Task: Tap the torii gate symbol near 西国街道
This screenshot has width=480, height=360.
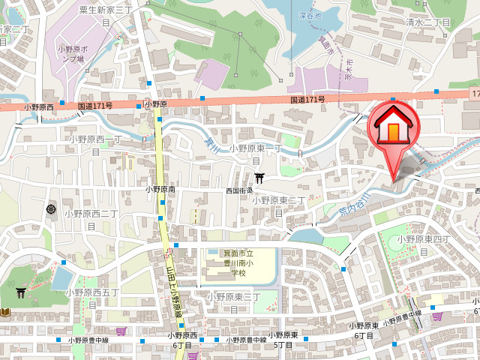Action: coord(259,178)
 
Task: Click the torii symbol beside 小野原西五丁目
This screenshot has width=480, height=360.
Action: coord(20,293)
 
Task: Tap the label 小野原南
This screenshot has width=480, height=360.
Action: coord(160,190)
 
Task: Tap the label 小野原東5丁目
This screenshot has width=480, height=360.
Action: coord(283,340)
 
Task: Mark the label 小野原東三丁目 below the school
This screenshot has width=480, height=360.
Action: coord(233,301)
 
